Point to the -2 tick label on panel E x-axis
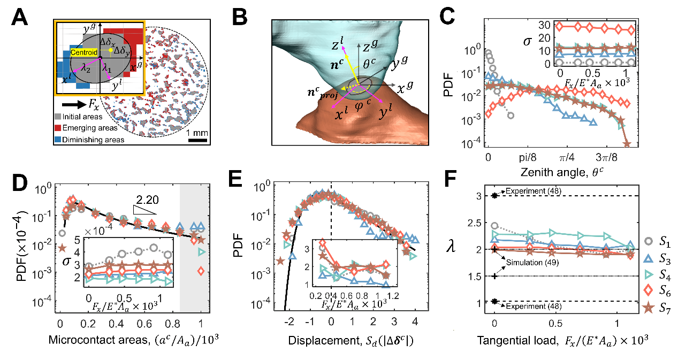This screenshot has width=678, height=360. pyautogui.click(x=289, y=323)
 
